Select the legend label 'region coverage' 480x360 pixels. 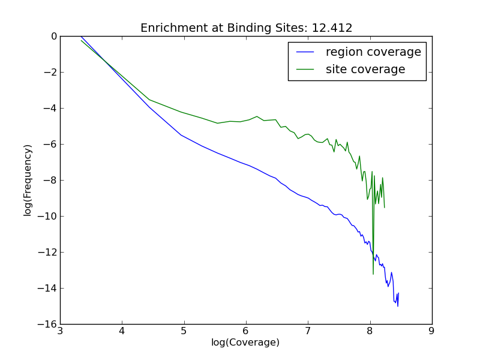pyautogui.click(x=373, y=52)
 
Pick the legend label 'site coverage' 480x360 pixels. pyautogui.click(x=365, y=70)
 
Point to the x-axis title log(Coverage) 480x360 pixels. pyautogui.click(x=245, y=343)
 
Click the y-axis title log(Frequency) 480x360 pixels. pyautogui.click(x=28, y=180)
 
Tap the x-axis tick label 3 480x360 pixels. pyautogui.click(x=60, y=331)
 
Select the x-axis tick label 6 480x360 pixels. pyautogui.click(x=246, y=331)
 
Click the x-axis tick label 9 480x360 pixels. pyautogui.click(x=431, y=331)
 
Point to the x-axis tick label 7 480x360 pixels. pyautogui.click(x=308, y=331)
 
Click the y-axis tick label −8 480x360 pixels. pyautogui.click(x=49, y=180)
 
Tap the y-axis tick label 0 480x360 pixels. pyautogui.click(x=54, y=36)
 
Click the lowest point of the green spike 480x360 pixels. pyautogui.click(x=373, y=274)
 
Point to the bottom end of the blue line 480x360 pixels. pyautogui.click(x=398, y=306)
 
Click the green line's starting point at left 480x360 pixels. pyautogui.click(x=81, y=40)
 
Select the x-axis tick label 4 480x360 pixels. pyautogui.click(x=122, y=331)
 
